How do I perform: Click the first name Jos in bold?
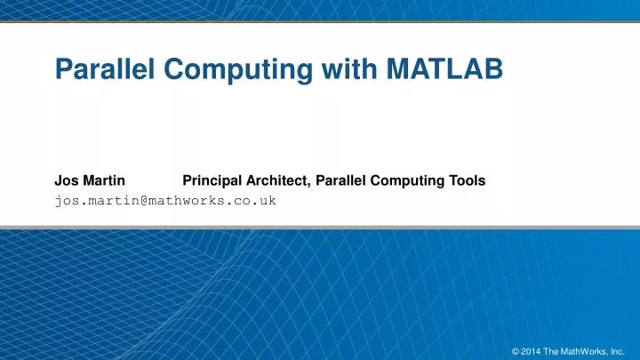(66, 180)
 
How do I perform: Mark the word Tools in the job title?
(467, 180)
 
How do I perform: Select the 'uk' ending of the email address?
(269, 200)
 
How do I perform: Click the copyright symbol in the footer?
(516, 349)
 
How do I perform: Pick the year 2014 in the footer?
(532, 349)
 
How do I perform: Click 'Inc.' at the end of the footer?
(619, 349)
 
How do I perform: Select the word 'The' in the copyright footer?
(553, 349)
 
